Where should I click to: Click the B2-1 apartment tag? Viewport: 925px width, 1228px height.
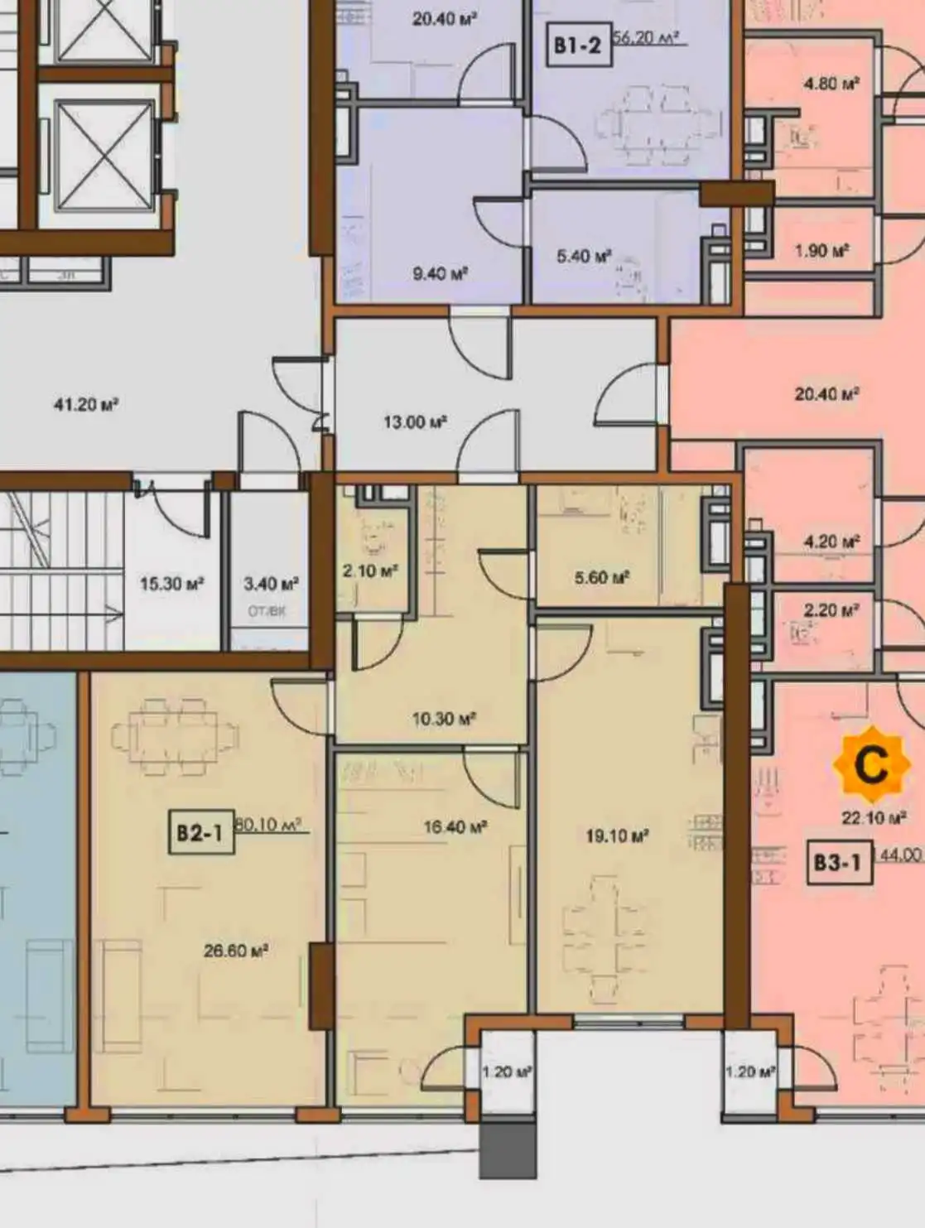pyautogui.click(x=200, y=832)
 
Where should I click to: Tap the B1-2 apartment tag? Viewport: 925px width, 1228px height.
pyautogui.click(x=577, y=45)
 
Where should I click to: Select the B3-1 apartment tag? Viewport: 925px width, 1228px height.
pyautogui.click(x=837, y=863)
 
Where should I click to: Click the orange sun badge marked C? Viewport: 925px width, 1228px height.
pyautogui.click(x=870, y=765)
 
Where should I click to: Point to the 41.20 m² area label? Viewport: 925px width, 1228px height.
pyautogui.click(x=86, y=405)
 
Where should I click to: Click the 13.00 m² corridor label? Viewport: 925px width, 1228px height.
pyautogui.click(x=415, y=422)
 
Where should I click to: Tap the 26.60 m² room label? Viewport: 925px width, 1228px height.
pyautogui.click(x=236, y=951)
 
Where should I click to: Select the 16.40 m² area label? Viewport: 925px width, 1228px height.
pyautogui.click(x=455, y=826)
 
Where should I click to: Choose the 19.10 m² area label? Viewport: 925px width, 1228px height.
pyautogui.click(x=617, y=836)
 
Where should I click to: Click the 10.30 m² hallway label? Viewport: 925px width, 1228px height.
pyautogui.click(x=444, y=719)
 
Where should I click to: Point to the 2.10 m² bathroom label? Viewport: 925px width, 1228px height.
pyautogui.click(x=370, y=571)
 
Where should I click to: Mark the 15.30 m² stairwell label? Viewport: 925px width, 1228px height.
pyautogui.click(x=171, y=584)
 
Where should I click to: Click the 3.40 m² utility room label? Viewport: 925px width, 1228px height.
pyautogui.click(x=271, y=584)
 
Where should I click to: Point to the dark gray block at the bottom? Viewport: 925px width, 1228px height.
pyautogui.click(x=508, y=1149)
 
